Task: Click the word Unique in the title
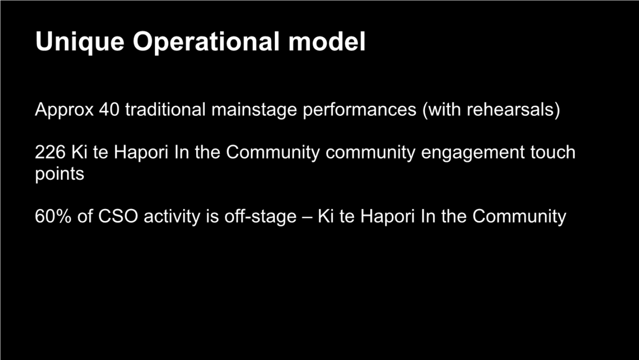pos(80,42)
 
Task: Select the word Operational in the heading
pos(206,42)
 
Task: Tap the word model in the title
pos(327,42)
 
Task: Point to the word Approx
pos(64,110)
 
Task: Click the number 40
pos(109,109)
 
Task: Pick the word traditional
pos(165,109)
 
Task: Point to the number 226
pos(50,152)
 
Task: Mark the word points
pos(60,174)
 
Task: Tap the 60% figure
pos(53,216)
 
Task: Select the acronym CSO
pos(118,216)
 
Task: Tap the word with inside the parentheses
pos(445,109)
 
